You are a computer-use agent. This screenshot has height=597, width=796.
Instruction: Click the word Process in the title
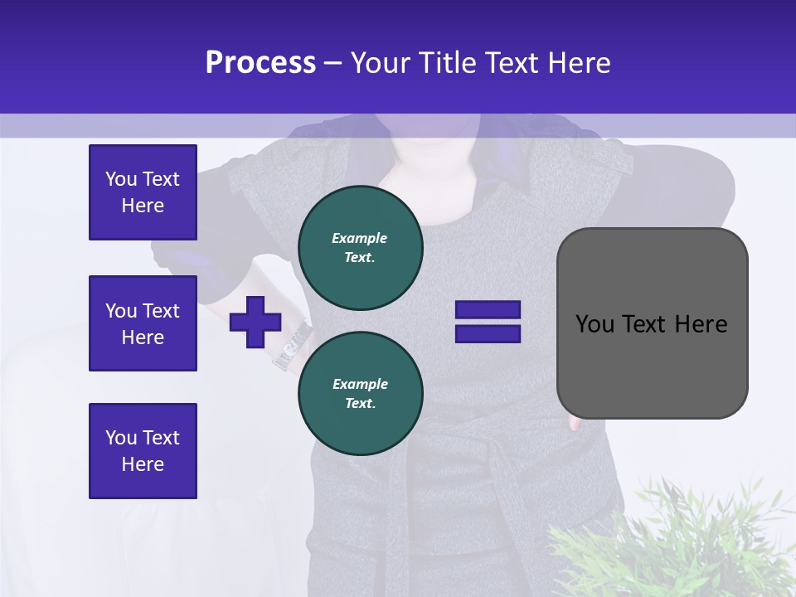click(260, 62)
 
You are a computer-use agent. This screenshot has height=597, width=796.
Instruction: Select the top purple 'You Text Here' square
click(143, 192)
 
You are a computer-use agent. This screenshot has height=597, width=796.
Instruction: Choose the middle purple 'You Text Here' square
click(143, 323)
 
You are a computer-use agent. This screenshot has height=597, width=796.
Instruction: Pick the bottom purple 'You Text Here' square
click(143, 451)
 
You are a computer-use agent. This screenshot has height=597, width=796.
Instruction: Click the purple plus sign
click(255, 322)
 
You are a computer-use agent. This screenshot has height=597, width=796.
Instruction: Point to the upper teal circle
click(361, 247)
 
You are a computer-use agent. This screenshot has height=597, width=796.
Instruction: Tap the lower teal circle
click(361, 393)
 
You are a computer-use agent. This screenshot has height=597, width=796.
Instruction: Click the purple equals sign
click(488, 322)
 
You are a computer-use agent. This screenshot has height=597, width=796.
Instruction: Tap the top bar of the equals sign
click(488, 310)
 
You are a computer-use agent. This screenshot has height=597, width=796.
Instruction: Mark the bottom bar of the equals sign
click(488, 334)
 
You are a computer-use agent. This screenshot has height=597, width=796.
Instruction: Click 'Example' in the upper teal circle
click(359, 238)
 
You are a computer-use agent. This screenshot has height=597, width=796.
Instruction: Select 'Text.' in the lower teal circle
click(360, 403)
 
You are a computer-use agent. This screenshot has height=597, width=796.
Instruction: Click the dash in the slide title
click(332, 62)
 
